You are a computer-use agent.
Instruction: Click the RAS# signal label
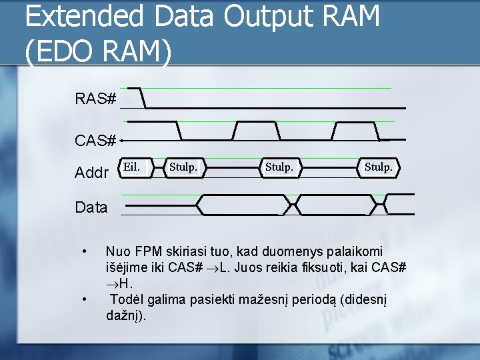click(96, 100)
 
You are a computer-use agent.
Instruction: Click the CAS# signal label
click(96, 141)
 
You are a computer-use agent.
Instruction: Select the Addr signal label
click(92, 174)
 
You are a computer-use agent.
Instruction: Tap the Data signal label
click(91, 207)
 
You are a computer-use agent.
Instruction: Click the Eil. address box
click(131, 167)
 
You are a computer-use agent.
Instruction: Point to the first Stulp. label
click(183, 167)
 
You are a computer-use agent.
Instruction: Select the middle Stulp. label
click(279, 167)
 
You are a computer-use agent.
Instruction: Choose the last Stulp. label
click(378, 167)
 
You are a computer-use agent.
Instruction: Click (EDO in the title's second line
click(59, 51)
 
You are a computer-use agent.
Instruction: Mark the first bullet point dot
click(83, 252)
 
